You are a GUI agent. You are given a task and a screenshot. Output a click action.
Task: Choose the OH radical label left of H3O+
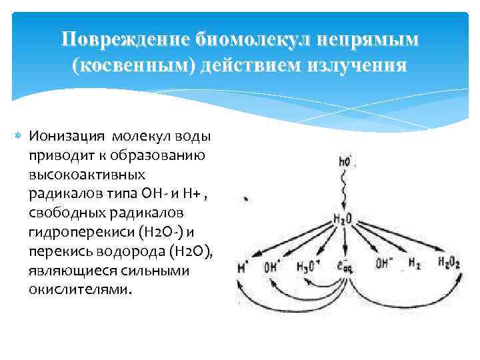pos(273,268)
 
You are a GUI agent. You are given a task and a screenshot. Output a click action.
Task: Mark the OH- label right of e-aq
pos(383,263)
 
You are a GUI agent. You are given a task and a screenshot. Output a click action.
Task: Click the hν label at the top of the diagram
pos(345,160)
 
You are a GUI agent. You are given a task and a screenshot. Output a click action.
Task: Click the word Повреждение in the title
pos(125,40)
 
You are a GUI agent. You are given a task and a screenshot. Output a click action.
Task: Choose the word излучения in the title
pos(356,67)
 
